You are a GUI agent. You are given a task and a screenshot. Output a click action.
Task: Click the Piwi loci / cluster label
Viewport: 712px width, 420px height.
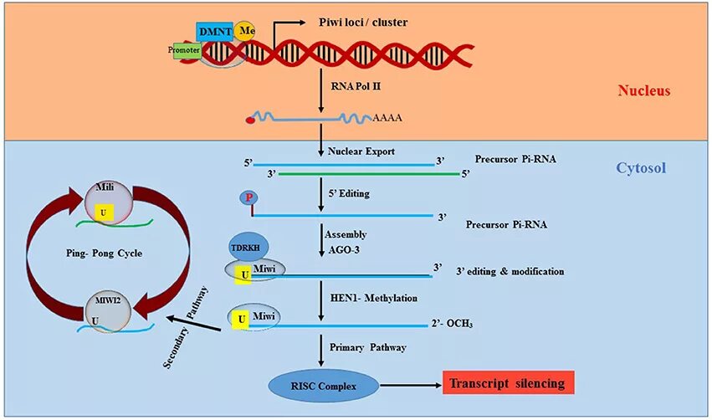tap(364, 23)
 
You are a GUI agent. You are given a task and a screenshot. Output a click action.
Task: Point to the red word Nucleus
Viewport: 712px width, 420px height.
tap(644, 91)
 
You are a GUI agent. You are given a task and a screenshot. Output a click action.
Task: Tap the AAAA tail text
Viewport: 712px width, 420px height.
tap(387, 118)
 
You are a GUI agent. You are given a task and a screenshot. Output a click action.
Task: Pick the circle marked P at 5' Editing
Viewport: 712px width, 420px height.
tap(248, 197)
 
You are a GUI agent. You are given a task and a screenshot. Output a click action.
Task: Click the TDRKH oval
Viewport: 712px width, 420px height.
tap(248, 248)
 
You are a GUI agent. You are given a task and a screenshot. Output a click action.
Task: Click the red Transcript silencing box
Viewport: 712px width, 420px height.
tap(509, 384)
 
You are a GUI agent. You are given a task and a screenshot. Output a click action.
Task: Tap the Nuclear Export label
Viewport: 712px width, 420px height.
tap(361, 151)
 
